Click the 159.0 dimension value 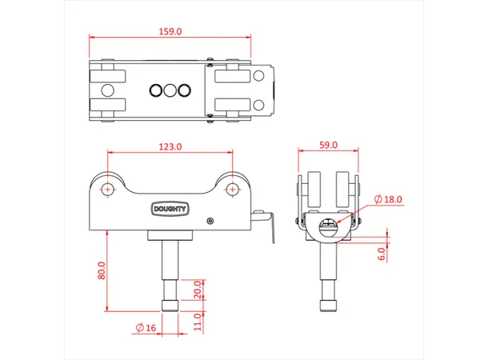[x=170, y=31]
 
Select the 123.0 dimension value [x=170, y=146]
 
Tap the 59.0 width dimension [x=328, y=145]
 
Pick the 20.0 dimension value [x=198, y=287]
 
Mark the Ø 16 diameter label [x=147, y=327]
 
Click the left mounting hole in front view [x=106, y=189]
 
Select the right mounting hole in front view [x=233, y=189]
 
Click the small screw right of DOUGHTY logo [x=210, y=221]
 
